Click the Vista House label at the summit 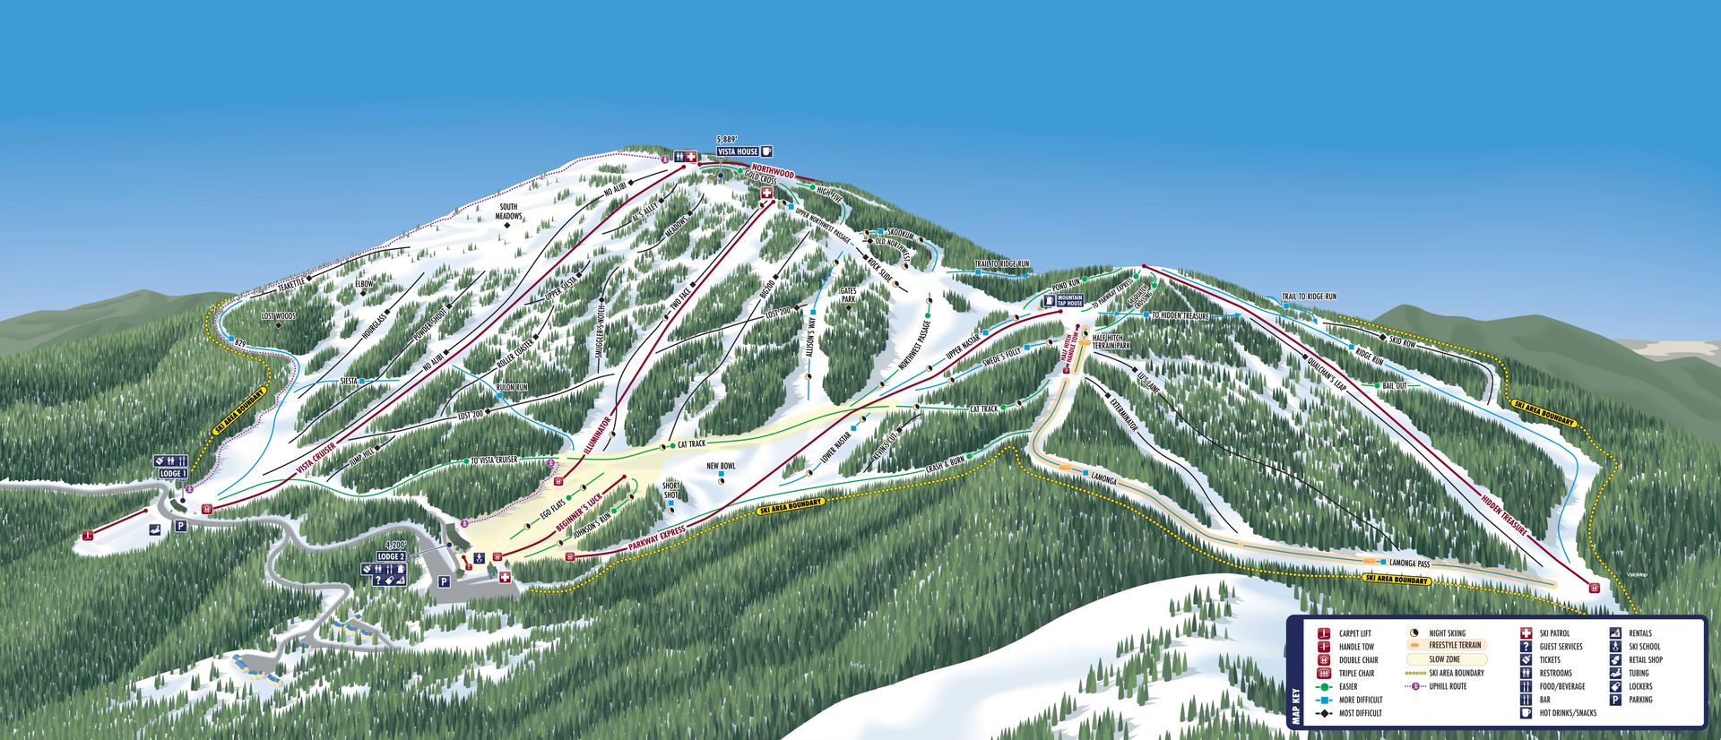737,152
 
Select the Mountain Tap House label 1070,300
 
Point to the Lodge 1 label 173,473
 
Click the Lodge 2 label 392,556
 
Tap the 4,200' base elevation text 395,545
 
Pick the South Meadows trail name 508,211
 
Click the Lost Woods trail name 278,316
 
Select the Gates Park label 849,295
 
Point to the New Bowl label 721,466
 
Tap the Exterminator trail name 1123,415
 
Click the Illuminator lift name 598,435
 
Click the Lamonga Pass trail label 1409,564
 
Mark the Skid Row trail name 1402,341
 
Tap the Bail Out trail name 1394,385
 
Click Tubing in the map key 1639,673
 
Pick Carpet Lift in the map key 1354,633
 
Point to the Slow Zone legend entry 1444,659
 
